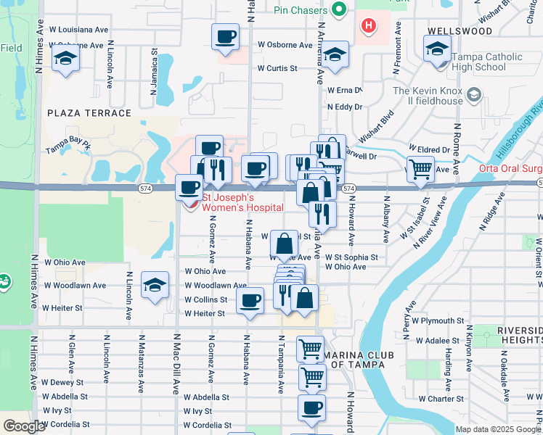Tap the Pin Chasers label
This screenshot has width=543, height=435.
coord(302,10)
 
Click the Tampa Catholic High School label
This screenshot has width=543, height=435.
coord(486,62)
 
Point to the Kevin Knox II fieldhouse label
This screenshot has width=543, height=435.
coord(428,96)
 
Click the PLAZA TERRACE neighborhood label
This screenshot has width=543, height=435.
coord(89,113)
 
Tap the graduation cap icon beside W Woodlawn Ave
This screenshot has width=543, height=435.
coord(155,285)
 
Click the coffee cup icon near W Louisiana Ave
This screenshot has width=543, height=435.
coord(225,36)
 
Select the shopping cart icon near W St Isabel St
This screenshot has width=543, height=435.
coord(420,170)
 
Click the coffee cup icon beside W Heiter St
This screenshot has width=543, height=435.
coord(250,300)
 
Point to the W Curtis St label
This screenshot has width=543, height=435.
coord(277,69)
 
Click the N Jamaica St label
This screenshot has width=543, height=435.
coord(154,73)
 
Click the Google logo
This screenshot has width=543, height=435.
coord(24,426)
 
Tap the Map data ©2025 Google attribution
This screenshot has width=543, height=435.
coord(497,429)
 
